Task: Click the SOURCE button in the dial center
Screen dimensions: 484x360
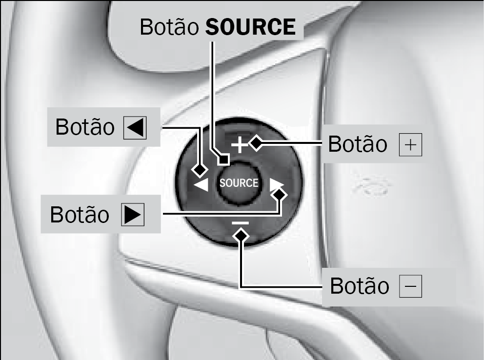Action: pyautogui.click(x=239, y=183)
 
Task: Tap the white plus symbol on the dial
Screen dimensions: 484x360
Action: pyautogui.click(x=240, y=145)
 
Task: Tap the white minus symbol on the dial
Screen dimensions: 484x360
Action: pyautogui.click(x=240, y=223)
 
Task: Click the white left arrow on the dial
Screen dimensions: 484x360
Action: pyautogui.click(x=201, y=185)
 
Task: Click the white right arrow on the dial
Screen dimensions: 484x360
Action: pyautogui.click(x=277, y=185)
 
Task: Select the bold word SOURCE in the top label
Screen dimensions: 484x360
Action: pyautogui.click(x=250, y=27)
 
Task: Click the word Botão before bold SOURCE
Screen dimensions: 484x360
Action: pyautogui.click(x=169, y=27)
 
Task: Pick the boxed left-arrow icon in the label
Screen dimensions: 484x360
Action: pyautogui.click(x=135, y=127)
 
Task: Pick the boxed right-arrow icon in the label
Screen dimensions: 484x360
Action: pyautogui.click(x=133, y=215)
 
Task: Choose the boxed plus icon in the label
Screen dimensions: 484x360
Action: pyautogui.click(x=410, y=145)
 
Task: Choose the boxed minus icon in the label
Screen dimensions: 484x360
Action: pyautogui.click(x=410, y=286)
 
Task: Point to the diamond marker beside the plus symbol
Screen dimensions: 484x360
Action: pyautogui.click(x=256, y=143)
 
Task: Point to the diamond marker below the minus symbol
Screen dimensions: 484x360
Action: pyautogui.click(x=241, y=236)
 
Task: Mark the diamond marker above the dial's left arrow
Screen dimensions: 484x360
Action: pyautogui.click(x=200, y=170)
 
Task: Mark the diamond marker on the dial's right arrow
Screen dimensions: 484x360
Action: pyautogui.click(x=280, y=195)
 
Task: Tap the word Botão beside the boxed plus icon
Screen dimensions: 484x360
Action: pyautogui.click(x=358, y=144)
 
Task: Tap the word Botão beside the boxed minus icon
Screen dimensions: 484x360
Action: pyautogui.click(x=360, y=286)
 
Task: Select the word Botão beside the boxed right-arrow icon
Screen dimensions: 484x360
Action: pyautogui.click(x=80, y=215)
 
